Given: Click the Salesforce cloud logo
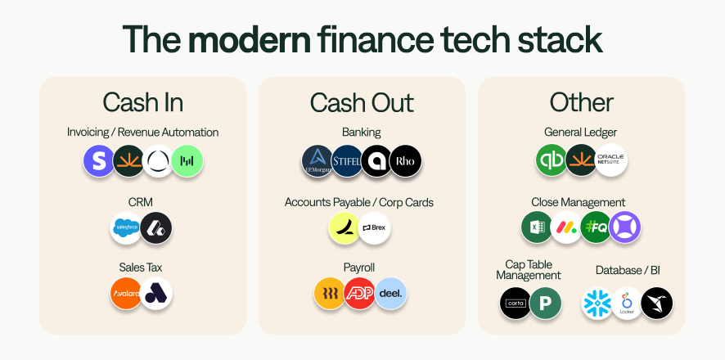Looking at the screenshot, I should pos(126,227).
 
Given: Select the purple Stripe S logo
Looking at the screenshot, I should pos(99,161).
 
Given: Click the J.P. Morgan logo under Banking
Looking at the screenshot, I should pos(317,161).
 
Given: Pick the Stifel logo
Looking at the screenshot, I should pos(347,161).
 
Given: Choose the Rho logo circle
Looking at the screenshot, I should pos(405,161).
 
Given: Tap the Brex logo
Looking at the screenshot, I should pos(375,227).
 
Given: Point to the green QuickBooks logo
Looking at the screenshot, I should pos(552,160).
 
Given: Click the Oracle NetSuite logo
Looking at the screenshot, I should pos(610,160).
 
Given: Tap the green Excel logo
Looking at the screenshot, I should pos(537,227).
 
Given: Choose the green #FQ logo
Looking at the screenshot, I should pos(596,227).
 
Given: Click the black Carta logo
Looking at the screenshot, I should pos(516,304).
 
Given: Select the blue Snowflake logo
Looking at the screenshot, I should pos(597,304).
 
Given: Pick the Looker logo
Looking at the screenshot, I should pos(627,304).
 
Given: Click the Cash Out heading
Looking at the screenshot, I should pos(362,102).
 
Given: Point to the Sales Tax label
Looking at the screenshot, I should pos(142,268).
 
